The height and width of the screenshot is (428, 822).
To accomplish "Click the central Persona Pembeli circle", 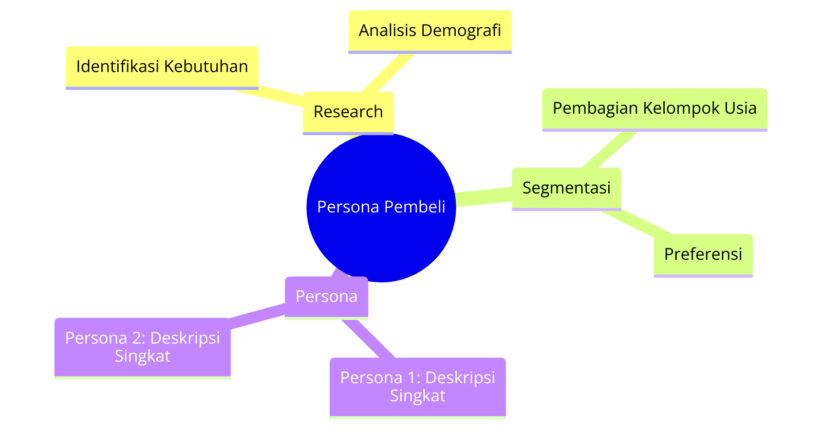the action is click(381, 208).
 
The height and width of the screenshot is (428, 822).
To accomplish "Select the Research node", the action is click(348, 113).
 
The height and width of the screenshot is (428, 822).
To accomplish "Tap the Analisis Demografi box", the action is click(429, 31).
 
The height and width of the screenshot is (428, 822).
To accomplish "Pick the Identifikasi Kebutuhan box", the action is click(162, 67).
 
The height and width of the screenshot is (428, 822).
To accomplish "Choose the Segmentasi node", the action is click(566, 189).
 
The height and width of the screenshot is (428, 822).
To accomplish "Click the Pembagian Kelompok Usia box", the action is click(655, 110).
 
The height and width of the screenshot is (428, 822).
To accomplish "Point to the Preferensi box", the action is click(703, 255).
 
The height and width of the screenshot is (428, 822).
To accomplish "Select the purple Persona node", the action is click(326, 297).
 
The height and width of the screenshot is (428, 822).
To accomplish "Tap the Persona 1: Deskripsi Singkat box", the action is click(418, 388).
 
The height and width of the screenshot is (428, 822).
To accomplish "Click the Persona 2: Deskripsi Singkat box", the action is click(142, 348).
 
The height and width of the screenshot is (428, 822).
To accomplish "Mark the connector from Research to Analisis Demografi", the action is click(388, 73).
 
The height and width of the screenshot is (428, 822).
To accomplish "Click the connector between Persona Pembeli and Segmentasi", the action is click(483, 197).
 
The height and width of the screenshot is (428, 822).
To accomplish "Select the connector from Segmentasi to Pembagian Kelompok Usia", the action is click(609, 150).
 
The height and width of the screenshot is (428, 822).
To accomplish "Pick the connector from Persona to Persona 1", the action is click(368, 338).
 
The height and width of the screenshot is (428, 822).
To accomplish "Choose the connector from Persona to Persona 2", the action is click(257, 316).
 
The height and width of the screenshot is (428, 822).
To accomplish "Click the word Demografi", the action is click(461, 31).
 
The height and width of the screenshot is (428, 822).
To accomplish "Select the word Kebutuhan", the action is click(206, 66).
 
